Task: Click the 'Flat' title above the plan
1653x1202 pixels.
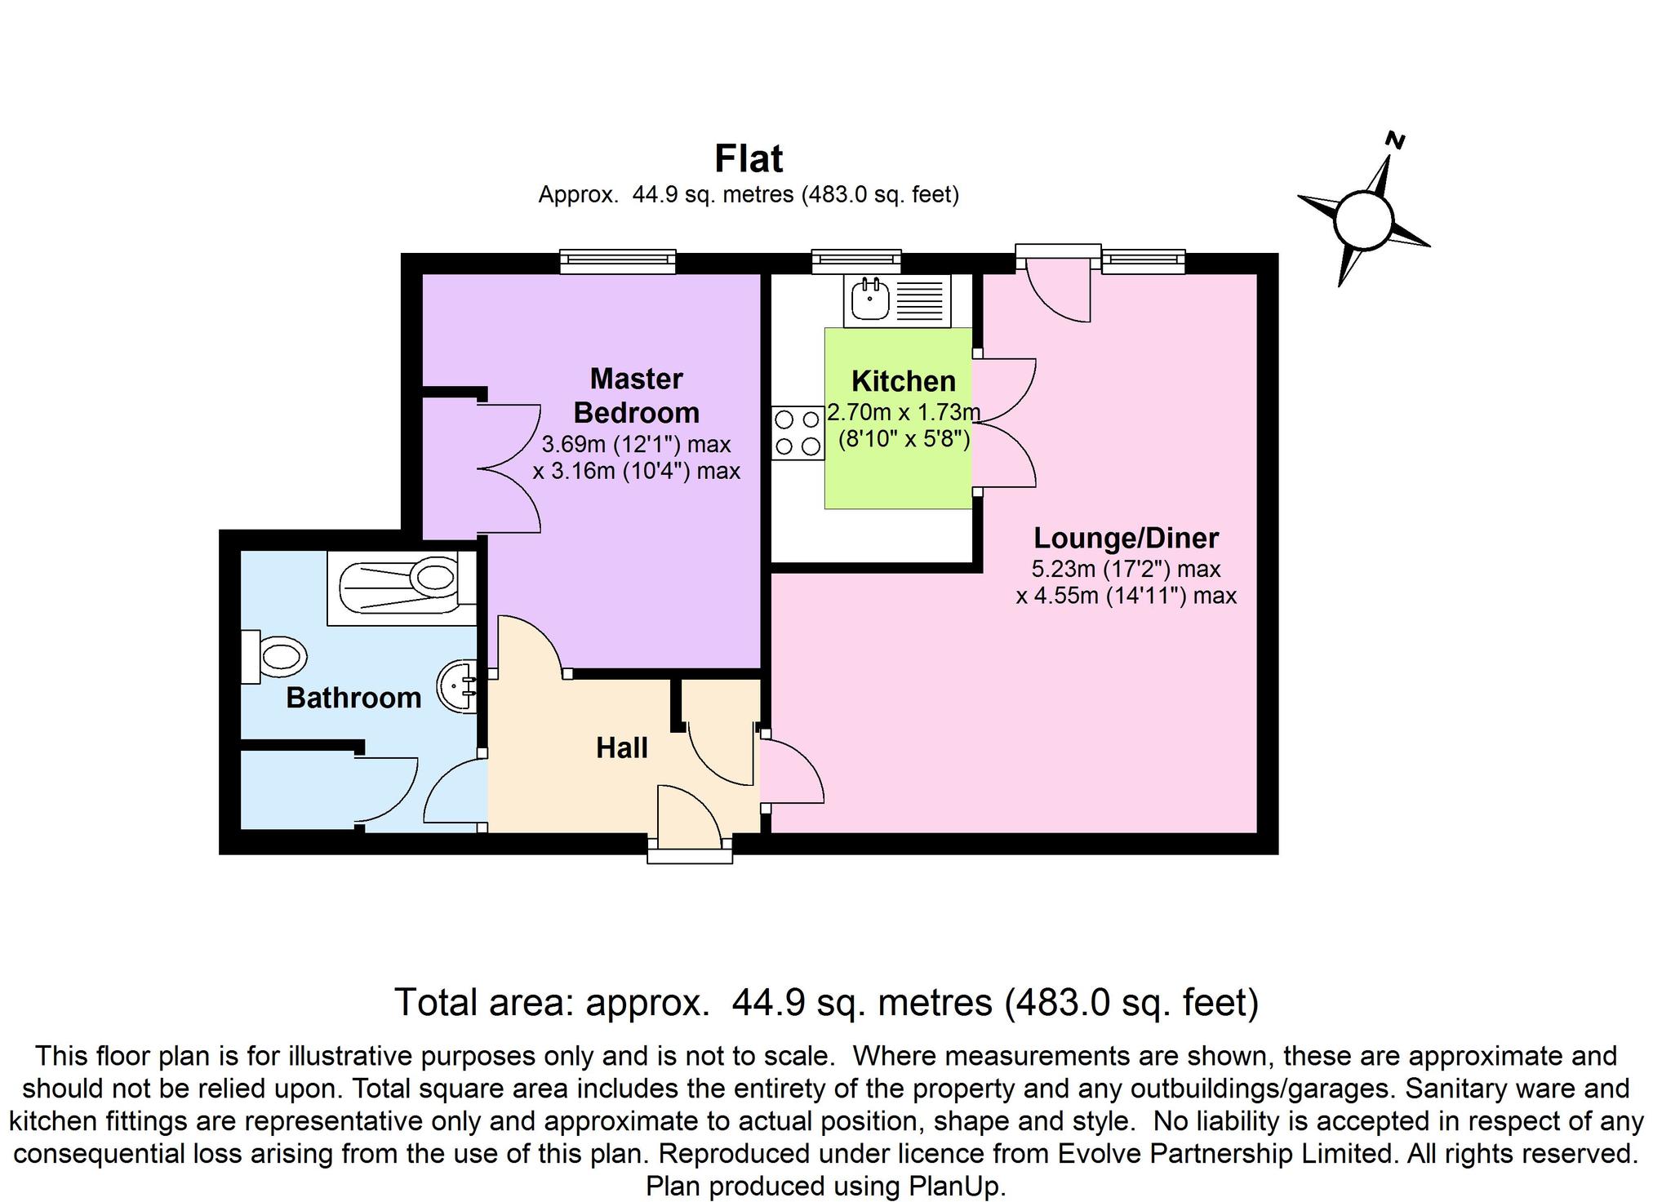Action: pyautogui.click(x=748, y=159)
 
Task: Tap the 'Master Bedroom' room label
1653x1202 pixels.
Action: pyautogui.click(x=636, y=396)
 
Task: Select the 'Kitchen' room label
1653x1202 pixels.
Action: pyautogui.click(x=903, y=381)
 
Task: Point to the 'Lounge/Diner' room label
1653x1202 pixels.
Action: pyautogui.click(x=1126, y=539)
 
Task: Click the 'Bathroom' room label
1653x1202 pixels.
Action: pyautogui.click(x=353, y=698)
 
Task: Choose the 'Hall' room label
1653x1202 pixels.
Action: pyautogui.click(x=621, y=747)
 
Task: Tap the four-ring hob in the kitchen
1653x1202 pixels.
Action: pyautogui.click(x=798, y=433)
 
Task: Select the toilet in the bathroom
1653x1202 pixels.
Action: pyautogui.click(x=274, y=656)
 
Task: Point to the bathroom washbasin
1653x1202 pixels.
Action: pyautogui.click(x=458, y=686)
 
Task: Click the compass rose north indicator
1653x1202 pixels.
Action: pyautogui.click(x=1362, y=218)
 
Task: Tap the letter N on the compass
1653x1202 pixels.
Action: pyautogui.click(x=1396, y=141)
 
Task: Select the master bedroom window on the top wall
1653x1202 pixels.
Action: pyautogui.click(x=618, y=260)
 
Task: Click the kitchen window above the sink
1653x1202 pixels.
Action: pyautogui.click(x=856, y=260)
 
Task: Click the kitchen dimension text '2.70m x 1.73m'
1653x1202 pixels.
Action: pyautogui.click(x=903, y=412)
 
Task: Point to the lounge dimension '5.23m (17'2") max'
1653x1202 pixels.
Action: pyautogui.click(x=1126, y=569)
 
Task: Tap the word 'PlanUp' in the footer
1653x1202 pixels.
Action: pyautogui.click(x=955, y=1186)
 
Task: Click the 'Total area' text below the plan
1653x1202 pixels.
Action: pyautogui.click(x=826, y=1002)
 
